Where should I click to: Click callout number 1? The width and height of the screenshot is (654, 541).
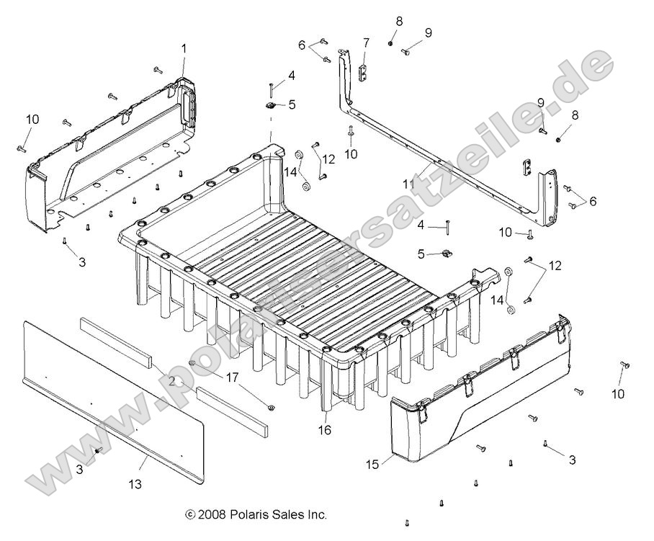[x=183, y=49]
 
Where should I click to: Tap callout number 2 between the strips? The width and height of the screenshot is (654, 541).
[x=171, y=380]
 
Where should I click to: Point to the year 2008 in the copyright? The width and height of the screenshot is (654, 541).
[x=210, y=515]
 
